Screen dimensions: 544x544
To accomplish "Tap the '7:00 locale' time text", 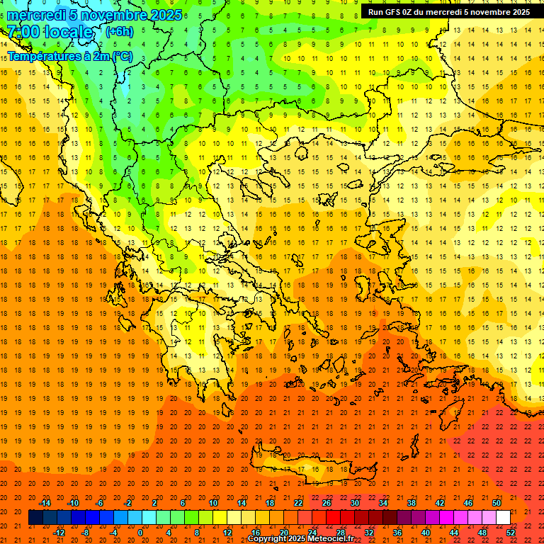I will [x=50, y=32].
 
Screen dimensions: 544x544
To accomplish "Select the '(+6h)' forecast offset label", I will [x=118, y=32].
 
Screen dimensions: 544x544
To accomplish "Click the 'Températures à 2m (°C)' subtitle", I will [x=69, y=55].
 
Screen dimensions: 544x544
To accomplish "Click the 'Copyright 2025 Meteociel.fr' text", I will [x=300, y=539].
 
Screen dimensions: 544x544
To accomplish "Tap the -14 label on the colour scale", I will [x=45, y=503].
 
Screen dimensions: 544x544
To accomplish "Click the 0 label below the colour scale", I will [x=140, y=533].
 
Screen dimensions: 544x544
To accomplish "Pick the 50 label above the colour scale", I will [x=496, y=503].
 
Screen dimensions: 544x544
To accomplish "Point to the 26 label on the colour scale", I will [x=327, y=503].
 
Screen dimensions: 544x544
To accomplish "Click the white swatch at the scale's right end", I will [x=503, y=518].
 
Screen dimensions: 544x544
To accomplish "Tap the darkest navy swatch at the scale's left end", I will [x=35, y=518].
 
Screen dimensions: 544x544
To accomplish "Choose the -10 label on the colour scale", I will [x=73, y=503].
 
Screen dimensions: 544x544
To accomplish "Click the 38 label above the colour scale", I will [x=411, y=503].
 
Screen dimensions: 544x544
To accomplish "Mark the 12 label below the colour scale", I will [x=228, y=533].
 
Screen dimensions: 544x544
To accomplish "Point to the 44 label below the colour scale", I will [x=454, y=533].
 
